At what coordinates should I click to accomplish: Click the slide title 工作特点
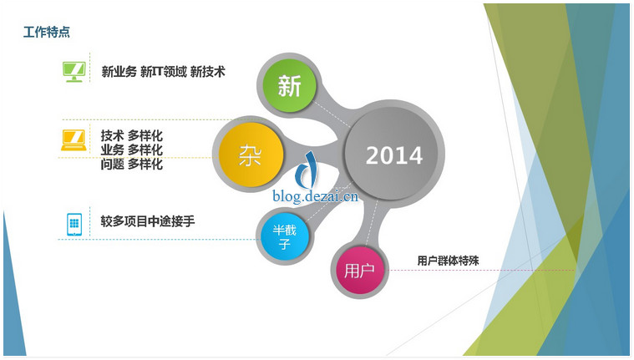click(47, 32)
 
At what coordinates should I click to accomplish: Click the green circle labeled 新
click(289, 86)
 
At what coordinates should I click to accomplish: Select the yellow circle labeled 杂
click(251, 155)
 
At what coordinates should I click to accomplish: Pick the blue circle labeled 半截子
click(285, 237)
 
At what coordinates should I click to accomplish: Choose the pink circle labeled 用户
click(358, 270)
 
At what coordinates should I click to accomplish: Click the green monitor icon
click(74, 72)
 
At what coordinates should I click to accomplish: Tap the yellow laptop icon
click(74, 140)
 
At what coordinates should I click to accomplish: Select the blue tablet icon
click(74, 224)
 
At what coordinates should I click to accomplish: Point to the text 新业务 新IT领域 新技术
click(163, 72)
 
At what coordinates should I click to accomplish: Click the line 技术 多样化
click(131, 135)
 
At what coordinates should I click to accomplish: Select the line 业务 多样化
click(131, 150)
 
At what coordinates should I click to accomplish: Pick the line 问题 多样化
click(131, 165)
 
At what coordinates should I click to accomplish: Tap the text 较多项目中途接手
click(148, 221)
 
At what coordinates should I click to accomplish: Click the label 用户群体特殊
click(448, 261)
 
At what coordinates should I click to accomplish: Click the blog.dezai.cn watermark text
click(316, 196)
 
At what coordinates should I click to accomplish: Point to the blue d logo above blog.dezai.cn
click(306, 170)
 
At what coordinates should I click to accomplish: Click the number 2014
click(394, 155)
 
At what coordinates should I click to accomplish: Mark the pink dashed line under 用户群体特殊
click(480, 270)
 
